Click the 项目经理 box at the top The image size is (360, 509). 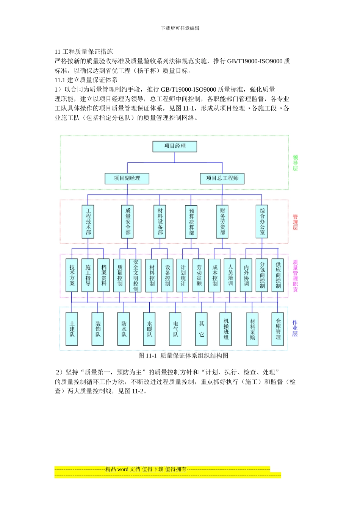[x=175, y=146]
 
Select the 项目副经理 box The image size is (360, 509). [x=127, y=178]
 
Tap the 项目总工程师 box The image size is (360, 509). [x=222, y=178]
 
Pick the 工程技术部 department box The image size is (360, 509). [x=88, y=222]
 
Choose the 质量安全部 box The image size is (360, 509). [x=128, y=222]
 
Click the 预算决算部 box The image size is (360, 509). [x=191, y=222]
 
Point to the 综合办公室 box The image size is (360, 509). [x=262, y=222]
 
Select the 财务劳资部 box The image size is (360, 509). [x=222, y=222]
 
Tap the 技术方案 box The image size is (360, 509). [x=72, y=275]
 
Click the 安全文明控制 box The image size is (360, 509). [x=136, y=275]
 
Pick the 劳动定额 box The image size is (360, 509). [x=199, y=275]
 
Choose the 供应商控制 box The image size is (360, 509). [x=278, y=275]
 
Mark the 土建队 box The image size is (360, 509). [x=72, y=329]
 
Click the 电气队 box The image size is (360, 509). [x=175, y=329]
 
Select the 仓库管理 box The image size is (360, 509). [x=278, y=329]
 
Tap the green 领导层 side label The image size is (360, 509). [x=295, y=163]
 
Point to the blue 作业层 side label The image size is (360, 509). [x=295, y=328]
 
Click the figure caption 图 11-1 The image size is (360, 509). [x=183, y=356]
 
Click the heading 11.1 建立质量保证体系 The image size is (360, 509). [x=86, y=80]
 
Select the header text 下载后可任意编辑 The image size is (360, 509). [x=180, y=28]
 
